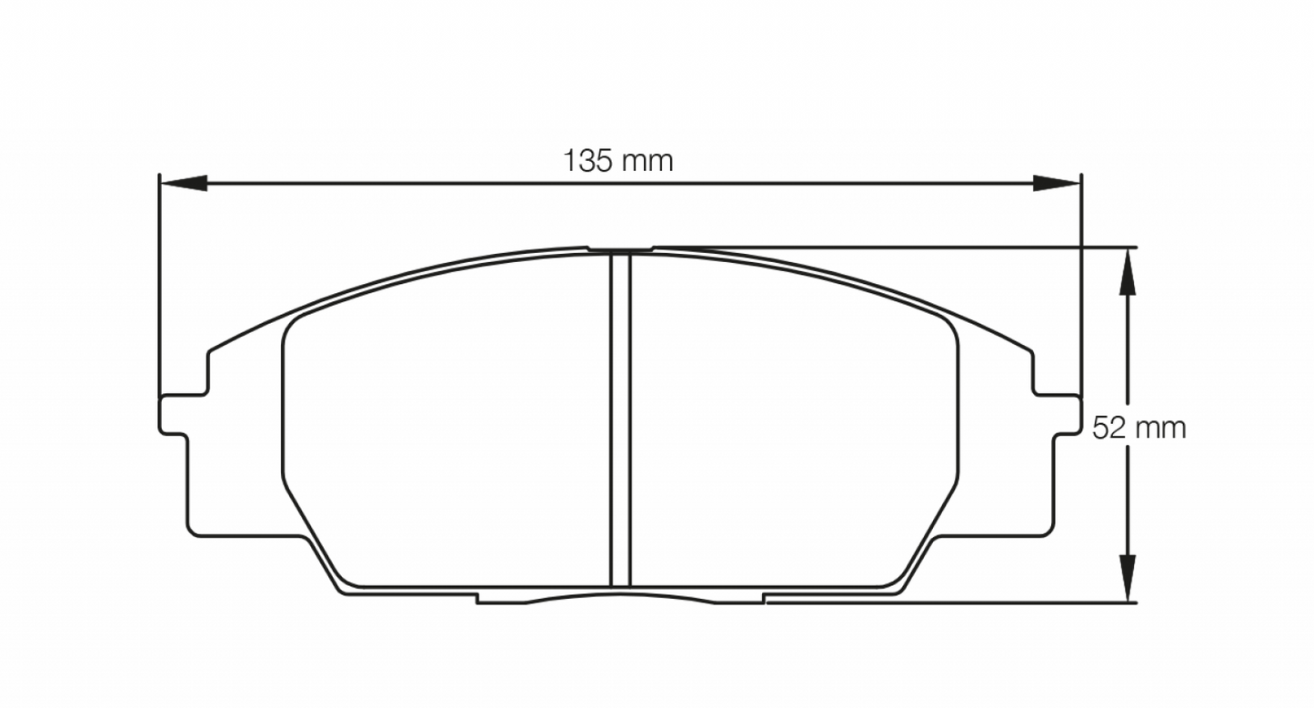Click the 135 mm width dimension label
[x=618, y=162]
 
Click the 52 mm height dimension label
[x=1139, y=427]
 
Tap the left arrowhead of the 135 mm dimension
[x=179, y=184]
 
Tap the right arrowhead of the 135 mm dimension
[x=1058, y=184]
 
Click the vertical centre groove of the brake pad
[x=620, y=419]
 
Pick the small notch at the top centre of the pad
[x=620, y=248]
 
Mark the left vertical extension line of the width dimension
[x=159, y=291]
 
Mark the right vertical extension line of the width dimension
[x=1081, y=291]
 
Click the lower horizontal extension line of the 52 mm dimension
[x=955, y=601]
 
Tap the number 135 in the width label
[x=591, y=162]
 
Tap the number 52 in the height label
[x=1110, y=427]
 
